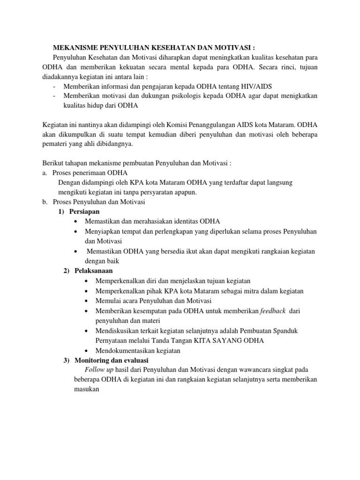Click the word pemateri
pyautogui.click(x=54, y=144)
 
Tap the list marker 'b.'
pyautogui.click(x=45, y=202)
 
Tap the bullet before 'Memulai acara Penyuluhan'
pyautogui.click(x=89, y=300)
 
